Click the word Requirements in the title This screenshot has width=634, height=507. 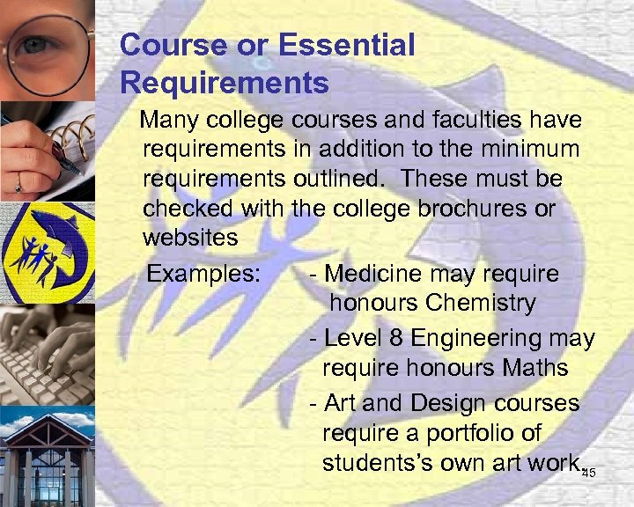(225, 84)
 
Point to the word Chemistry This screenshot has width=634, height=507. (480, 304)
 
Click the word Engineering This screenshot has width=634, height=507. (484, 338)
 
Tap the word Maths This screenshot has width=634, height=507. (536, 367)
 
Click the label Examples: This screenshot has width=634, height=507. (203, 274)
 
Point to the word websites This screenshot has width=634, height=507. (190, 238)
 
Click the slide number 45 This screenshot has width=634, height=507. (589, 474)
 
